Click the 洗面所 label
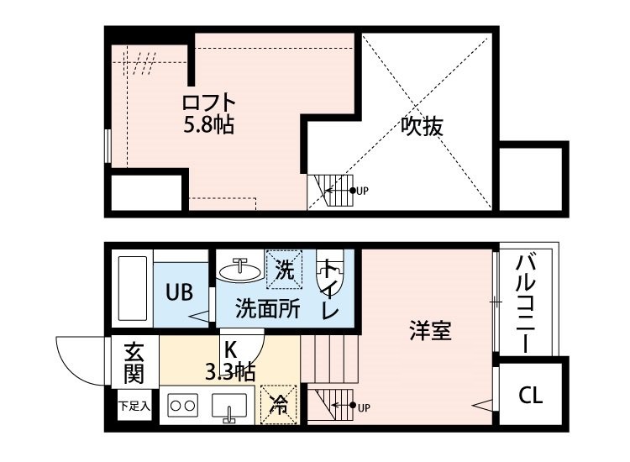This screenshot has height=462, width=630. pos(267,309)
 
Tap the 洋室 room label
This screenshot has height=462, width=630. pos(431,330)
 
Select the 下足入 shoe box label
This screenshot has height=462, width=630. pos(134,407)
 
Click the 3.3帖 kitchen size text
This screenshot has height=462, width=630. pos(231,370)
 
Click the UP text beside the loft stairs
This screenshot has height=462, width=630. pos(362,191)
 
